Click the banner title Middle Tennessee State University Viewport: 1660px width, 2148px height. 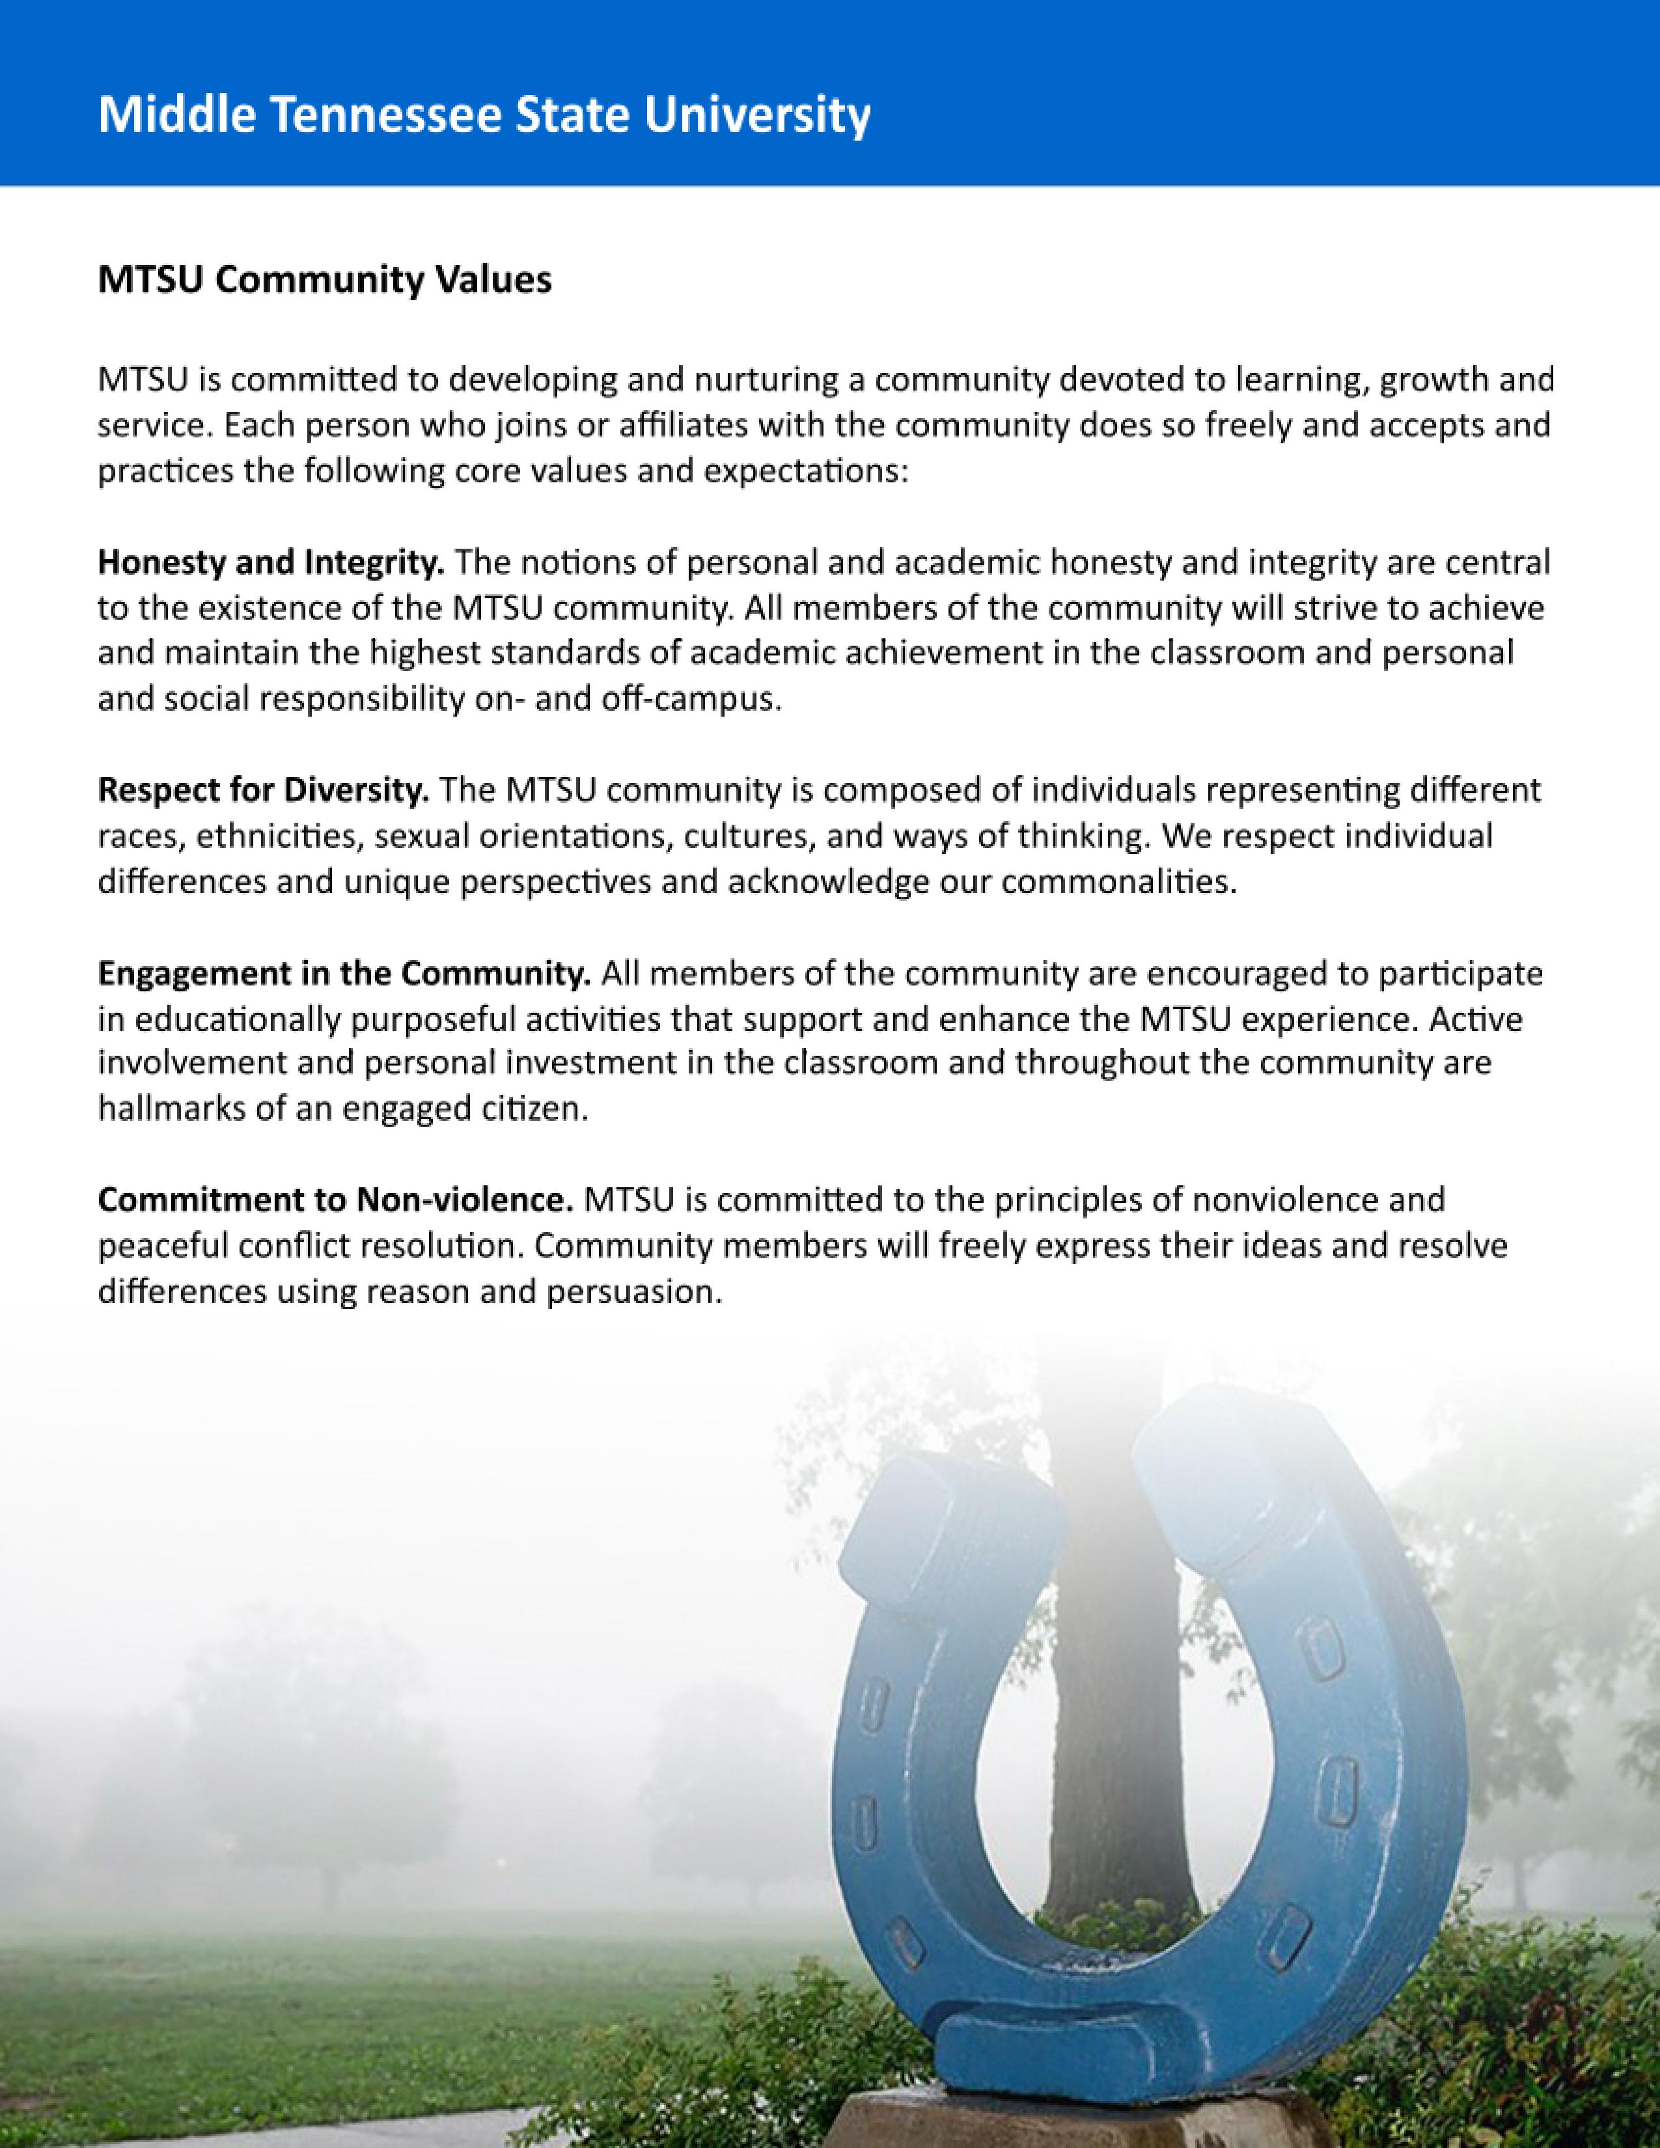484,116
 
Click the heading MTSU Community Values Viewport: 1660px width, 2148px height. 325,281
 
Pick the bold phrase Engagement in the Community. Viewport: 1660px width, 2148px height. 343,974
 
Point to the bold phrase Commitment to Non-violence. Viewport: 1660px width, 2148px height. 335,1201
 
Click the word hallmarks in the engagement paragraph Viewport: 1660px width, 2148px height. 158,1109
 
